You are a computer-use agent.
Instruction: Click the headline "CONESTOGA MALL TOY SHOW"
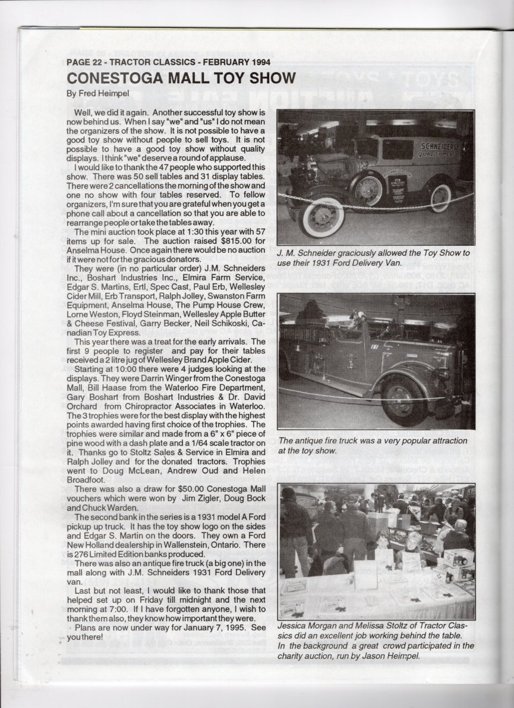tap(181, 79)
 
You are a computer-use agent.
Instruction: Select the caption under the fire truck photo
tap(373, 446)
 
